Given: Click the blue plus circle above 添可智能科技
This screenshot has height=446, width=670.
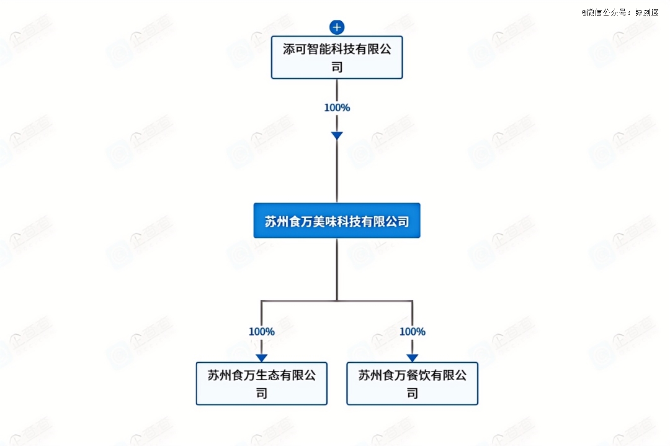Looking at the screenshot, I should click(x=337, y=27).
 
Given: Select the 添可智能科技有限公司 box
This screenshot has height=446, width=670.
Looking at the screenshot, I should click(x=337, y=58).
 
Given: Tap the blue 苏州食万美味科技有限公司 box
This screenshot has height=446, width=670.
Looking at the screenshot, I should click(x=337, y=221).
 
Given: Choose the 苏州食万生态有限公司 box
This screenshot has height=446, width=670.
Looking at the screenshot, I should click(x=262, y=383).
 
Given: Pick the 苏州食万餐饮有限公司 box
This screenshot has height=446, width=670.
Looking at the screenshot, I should click(x=412, y=383).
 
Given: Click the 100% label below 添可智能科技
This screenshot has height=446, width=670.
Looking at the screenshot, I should click(x=337, y=107).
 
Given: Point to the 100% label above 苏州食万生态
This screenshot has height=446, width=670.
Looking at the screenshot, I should click(x=262, y=332).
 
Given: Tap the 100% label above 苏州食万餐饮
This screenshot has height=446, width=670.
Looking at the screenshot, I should click(x=413, y=332).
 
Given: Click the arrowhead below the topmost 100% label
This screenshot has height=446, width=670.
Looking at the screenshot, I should click(x=337, y=135).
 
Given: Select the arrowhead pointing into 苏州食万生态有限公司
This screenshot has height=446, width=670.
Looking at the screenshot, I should click(x=262, y=358).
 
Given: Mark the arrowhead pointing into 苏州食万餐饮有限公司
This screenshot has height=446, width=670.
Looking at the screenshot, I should click(x=413, y=358).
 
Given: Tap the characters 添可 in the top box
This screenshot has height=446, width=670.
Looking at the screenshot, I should click(x=296, y=50).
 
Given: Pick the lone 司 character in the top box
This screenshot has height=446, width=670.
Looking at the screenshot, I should click(x=337, y=66).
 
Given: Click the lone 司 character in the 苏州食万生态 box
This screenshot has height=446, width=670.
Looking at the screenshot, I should click(x=262, y=393).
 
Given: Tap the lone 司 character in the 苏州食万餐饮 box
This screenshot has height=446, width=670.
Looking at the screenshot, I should click(x=413, y=393).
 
